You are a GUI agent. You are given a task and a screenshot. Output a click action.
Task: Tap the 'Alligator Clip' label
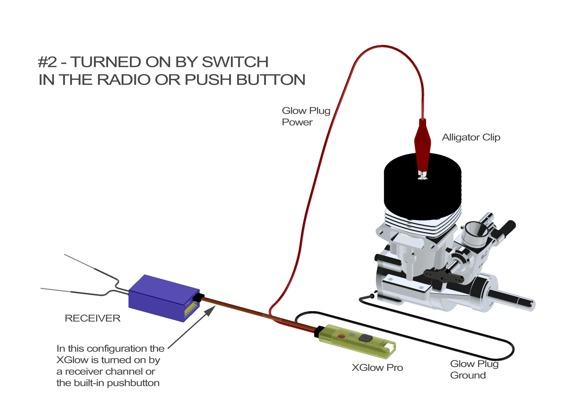click(x=471, y=137)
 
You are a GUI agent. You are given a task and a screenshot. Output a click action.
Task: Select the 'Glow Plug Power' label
click(x=306, y=116)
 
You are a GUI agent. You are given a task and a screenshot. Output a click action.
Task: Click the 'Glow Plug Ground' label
click(x=474, y=369)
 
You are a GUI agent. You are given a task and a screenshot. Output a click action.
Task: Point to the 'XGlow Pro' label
click(x=377, y=368)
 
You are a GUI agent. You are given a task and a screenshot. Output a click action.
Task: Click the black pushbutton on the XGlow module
click(x=366, y=338)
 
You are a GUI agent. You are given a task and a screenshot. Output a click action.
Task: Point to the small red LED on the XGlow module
click(x=341, y=336)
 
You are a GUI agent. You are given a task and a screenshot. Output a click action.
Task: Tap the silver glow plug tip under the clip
click(x=423, y=175)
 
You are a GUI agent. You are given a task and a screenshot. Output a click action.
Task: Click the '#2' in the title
click(x=47, y=62)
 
